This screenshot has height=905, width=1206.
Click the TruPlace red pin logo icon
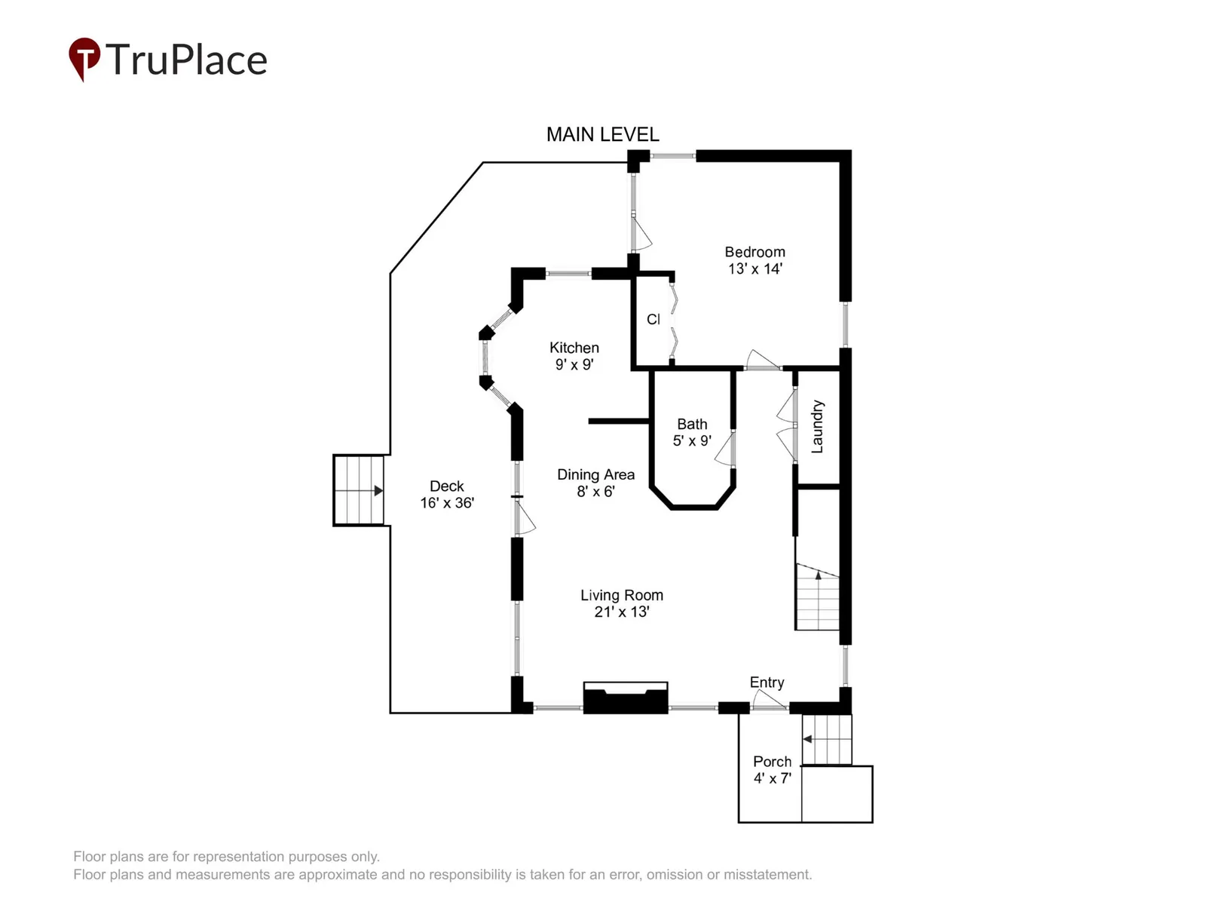click(84, 59)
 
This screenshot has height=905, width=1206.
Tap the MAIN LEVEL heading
click(602, 135)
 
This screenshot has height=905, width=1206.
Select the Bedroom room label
click(755, 260)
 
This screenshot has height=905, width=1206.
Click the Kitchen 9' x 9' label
click(574, 355)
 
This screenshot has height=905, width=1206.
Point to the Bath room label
click(692, 432)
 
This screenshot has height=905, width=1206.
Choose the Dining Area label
click(595, 483)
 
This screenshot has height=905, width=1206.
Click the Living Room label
click(622, 603)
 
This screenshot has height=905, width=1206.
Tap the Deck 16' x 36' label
click(447, 494)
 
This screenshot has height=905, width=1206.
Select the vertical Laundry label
click(818, 426)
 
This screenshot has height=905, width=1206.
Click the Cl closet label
click(653, 319)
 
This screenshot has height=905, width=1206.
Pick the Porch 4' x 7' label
click(772, 769)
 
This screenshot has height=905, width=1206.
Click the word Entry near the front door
click(767, 682)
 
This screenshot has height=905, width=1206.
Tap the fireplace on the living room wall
click(626, 698)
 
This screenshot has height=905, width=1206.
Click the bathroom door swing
click(725, 449)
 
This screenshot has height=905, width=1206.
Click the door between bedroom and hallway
click(763, 360)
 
